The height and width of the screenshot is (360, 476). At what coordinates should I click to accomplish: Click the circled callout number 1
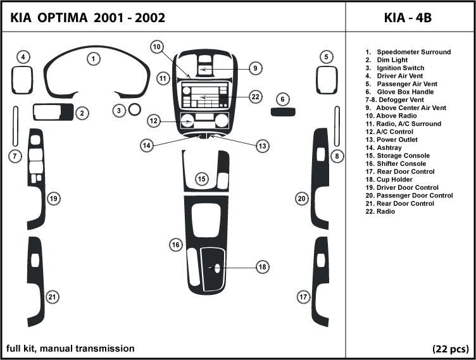[93, 59]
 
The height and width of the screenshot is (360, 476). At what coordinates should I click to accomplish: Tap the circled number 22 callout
[255, 97]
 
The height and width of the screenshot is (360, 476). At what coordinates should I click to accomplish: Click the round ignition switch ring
[135, 111]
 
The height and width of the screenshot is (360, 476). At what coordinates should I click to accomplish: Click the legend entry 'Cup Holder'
[396, 180]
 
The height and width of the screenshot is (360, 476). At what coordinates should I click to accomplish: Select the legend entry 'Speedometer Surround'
[413, 52]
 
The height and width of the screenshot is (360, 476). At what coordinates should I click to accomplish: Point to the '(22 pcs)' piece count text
[450, 349]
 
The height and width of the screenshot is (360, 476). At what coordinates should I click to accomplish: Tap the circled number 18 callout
[262, 268]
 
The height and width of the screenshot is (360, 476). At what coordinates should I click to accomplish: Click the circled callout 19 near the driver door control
[54, 199]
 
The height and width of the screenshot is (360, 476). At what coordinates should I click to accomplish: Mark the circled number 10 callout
[157, 46]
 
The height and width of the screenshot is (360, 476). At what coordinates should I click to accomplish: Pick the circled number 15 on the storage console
[201, 180]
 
